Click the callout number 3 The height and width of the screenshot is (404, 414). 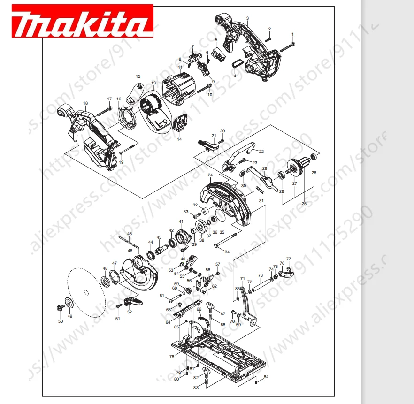click(247, 18)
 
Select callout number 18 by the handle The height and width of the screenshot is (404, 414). click(85, 103)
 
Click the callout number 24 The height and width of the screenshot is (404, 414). click(210, 175)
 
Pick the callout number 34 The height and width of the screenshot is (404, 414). click(227, 252)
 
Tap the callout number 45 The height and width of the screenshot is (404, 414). click(130, 233)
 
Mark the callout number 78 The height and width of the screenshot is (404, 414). click(172, 357)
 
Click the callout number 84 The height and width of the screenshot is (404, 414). click(266, 377)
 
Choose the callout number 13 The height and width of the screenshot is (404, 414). click(153, 83)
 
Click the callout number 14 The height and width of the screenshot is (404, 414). click(179, 139)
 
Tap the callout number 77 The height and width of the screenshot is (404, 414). click(289, 259)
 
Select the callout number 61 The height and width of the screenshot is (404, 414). click(161, 296)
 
